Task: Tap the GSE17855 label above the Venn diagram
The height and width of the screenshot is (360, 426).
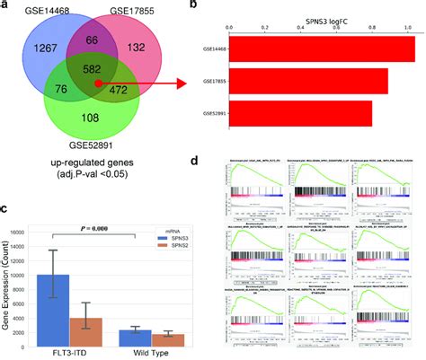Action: [x=132, y=9]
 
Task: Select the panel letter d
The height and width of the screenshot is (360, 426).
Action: [x=221, y=162]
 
